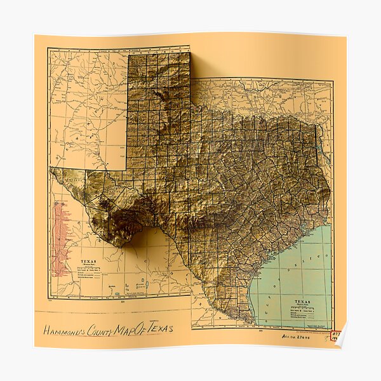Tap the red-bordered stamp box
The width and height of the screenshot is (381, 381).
[335, 335]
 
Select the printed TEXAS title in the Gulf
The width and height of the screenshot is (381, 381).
[303, 302]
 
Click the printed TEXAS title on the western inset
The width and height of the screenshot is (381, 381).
[87, 261]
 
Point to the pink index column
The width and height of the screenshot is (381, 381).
[61, 239]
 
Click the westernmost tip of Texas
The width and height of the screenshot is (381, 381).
[51, 168]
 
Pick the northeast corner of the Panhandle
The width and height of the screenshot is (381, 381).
[190, 53]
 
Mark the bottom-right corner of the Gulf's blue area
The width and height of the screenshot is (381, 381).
[331, 328]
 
